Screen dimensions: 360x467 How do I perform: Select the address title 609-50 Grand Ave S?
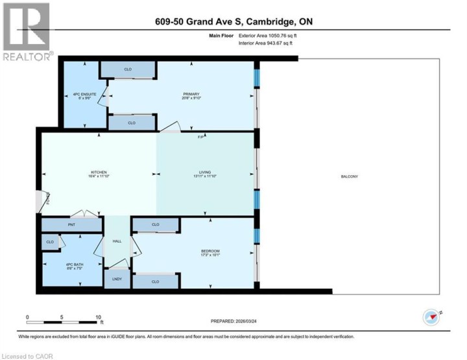pyautogui.click(x=233, y=22)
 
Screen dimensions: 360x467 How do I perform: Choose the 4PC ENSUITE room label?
pyautogui.click(x=84, y=96)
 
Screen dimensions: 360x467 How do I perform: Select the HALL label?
pyautogui.click(x=117, y=241)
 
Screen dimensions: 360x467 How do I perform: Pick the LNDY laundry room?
pyautogui.click(x=117, y=279)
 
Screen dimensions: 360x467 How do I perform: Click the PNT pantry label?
pyautogui.click(x=72, y=225)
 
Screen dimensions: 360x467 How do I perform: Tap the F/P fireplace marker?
pyautogui.click(x=201, y=137)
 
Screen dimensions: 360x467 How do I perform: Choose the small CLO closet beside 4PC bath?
pyautogui.click(x=50, y=242)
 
